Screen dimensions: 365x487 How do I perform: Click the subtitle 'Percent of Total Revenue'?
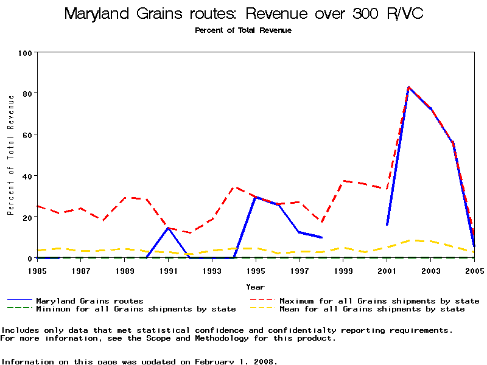(243, 30)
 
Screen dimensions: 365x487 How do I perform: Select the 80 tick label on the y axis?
(27, 93)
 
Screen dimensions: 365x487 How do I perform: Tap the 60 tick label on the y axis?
(27, 134)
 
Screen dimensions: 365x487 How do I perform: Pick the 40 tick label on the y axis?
(27, 176)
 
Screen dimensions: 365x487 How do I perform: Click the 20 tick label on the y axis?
(27, 217)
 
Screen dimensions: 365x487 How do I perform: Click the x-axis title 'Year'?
(256, 287)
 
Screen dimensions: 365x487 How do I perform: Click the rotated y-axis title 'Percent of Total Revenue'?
(10, 155)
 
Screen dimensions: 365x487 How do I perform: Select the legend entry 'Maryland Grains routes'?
(89, 301)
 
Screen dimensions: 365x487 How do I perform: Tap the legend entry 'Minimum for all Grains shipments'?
(136, 309)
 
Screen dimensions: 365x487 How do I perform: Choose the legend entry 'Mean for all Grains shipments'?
(372, 309)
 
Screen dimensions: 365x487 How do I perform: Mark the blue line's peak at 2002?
(408, 88)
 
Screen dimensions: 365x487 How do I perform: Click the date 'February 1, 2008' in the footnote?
(236, 361)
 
